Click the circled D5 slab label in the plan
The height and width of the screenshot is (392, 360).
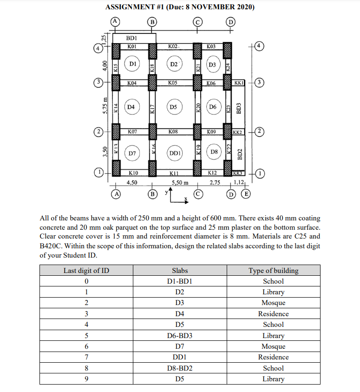pyautogui.click(x=173, y=107)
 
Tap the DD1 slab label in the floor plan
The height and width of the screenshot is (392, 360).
pyautogui.click(x=175, y=153)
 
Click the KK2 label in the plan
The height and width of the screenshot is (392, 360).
pyautogui.click(x=237, y=132)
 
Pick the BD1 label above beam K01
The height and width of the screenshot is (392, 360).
pyautogui.click(x=131, y=38)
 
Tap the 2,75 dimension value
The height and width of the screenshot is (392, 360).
pyautogui.click(x=215, y=183)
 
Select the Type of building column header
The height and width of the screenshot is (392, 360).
pyautogui.click(x=273, y=270)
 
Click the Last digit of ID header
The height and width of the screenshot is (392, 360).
pyautogui.click(x=86, y=270)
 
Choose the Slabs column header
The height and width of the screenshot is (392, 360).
pyautogui.click(x=180, y=270)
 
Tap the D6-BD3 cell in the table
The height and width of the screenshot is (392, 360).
pyautogui.click(x=180, y=335)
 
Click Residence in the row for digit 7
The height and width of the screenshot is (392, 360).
pyautogui.click(x=273, y=357)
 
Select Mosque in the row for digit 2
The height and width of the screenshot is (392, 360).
pyautogui.click(x=273, y=303)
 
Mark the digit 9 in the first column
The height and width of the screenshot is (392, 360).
pyautogui.click(x=86, y=379)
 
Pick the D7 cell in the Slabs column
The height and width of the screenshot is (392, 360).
pyautogui.click(x=180, y=346)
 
